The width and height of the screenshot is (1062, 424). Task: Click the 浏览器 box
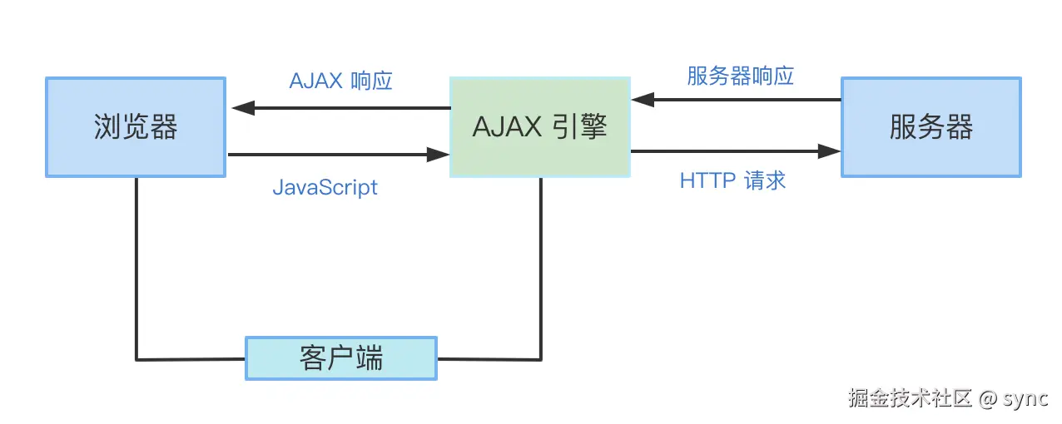click(136, 127)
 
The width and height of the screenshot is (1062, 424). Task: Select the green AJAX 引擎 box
click(539, 127)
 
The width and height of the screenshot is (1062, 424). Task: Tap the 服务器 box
click(930, 127)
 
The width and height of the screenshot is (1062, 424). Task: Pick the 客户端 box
click(340, 358)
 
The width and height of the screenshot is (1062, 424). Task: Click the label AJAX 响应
click(340, 81)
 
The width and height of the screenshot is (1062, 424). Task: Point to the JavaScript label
click(325, 187)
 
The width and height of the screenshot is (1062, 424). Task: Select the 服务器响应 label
click(740, 76)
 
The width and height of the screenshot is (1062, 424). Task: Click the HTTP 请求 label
click(732, 180)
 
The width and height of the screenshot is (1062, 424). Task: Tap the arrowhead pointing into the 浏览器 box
click(241, 108)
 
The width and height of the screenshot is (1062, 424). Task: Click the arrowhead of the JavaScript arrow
click(438, 154)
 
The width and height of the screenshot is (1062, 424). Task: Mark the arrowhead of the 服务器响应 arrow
click(642, 100)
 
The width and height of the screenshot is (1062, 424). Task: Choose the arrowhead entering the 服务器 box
click(829, 151)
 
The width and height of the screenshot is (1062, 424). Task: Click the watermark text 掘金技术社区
click(910, 398)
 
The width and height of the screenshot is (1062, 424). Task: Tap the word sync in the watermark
click(1025, 398)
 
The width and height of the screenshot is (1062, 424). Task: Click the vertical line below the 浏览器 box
click(136, 266)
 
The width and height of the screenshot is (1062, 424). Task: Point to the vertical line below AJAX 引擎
click(542, 266)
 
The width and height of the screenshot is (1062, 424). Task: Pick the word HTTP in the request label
click(706, 180)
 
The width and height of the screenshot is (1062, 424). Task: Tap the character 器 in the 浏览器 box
click(164, 127)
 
